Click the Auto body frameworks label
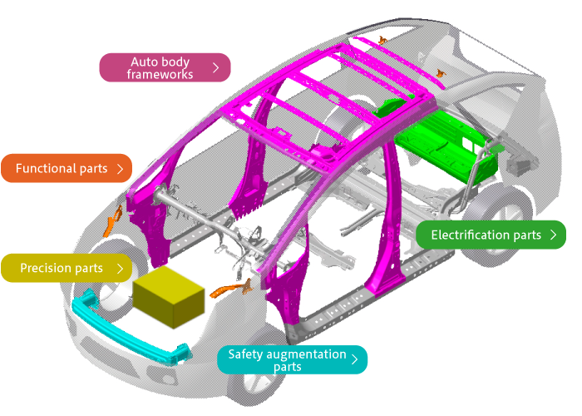coord(165,68)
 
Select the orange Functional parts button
coord(67,168)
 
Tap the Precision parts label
coord(67,268)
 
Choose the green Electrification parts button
coord(491,235)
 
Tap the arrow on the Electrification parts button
coord(553,235)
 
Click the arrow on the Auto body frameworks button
coord(216,68)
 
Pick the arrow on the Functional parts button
coord(121,168)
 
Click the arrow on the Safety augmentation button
coord(355,359)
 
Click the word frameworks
coord(160,74)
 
